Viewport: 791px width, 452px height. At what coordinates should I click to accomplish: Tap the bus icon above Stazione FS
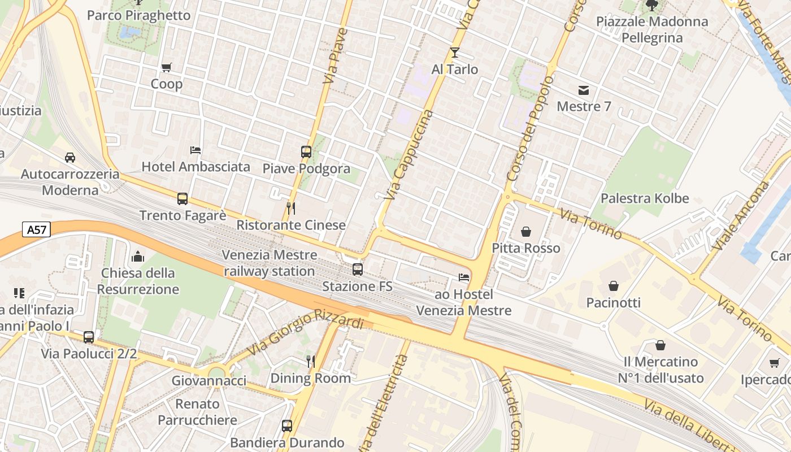(x=357, y=269)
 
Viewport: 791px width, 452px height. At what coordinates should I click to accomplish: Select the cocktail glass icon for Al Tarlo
(x=455, y=53)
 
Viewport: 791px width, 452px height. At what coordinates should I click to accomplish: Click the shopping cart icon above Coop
(x=166, y=68)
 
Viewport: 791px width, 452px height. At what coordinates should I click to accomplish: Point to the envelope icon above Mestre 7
(x=584, y=90)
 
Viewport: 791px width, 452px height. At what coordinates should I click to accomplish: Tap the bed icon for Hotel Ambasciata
(x=195, y=150)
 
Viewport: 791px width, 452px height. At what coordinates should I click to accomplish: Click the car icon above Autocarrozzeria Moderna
(x=70, y=157)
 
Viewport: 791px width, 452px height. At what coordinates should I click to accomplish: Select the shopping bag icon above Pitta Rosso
(x=525, y=232)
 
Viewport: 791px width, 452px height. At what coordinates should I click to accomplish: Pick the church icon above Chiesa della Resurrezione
(x=138, y=257)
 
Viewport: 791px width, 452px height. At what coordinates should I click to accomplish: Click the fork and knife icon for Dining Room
(x=310, y=361)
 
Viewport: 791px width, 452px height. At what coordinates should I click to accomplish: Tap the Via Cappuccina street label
(x=409, y=155)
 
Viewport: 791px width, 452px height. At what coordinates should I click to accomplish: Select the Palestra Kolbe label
(x=645, y=198)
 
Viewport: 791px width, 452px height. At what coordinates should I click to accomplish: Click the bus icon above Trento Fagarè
(x=182, y=199)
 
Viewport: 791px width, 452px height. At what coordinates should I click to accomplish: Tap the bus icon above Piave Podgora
(x=306, y=151)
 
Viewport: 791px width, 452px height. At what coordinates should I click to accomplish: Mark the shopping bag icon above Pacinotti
(x=614, y=286)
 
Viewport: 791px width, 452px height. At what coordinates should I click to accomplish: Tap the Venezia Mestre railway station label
(x=268, y=263)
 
